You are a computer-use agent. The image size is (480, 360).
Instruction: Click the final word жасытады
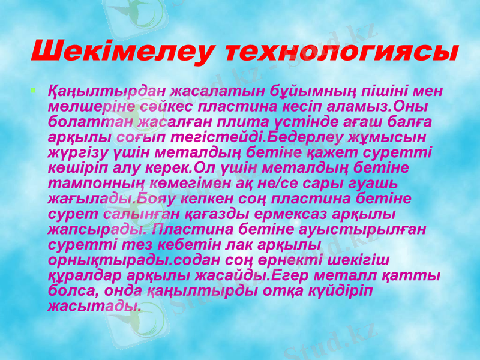coord(95,305)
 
